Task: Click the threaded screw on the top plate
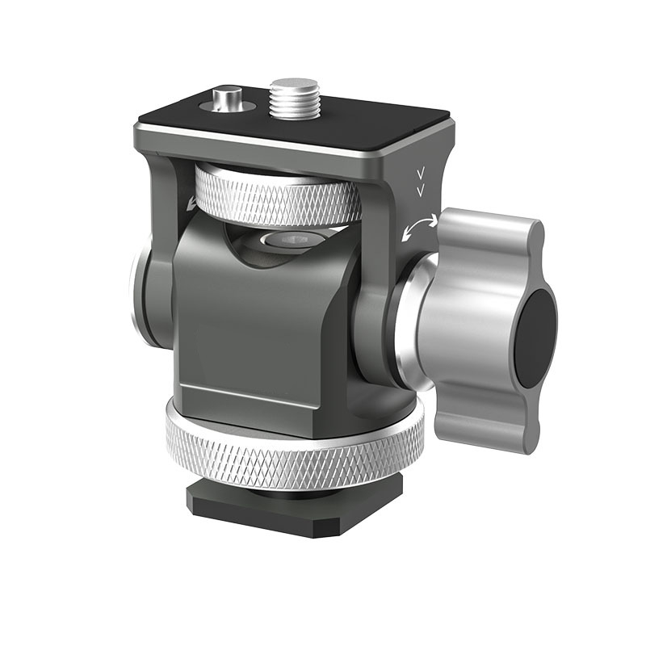(294, 96)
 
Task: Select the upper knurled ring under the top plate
(279, 197)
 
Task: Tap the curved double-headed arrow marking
(418, 229)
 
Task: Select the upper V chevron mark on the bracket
(420, 174)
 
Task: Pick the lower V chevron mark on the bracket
(420, 190)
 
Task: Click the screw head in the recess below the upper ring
(291, 239)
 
